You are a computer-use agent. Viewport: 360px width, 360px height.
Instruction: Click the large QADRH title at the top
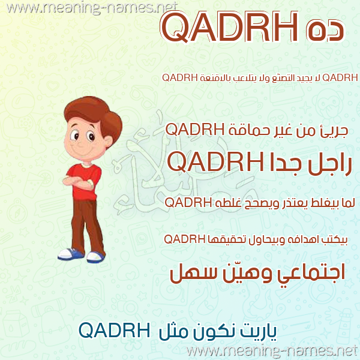click(230, 27)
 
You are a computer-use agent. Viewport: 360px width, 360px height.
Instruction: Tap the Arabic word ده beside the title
click(325, 31)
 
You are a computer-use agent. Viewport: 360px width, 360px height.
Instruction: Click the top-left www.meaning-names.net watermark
click(92, 8)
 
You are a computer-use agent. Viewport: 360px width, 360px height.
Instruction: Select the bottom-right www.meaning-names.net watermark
click(273, 351)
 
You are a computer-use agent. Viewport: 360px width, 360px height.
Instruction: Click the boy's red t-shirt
click(85, 181)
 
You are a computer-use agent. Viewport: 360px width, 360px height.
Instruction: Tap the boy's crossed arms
click(78, 182)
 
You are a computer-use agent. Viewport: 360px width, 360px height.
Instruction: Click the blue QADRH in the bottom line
click(115, 331)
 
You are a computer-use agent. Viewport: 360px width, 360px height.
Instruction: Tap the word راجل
click(326, 164)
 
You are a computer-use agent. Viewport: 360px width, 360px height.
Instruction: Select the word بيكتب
click(337, 240)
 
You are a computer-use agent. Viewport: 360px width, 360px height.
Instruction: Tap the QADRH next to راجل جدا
click(216, 161)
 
